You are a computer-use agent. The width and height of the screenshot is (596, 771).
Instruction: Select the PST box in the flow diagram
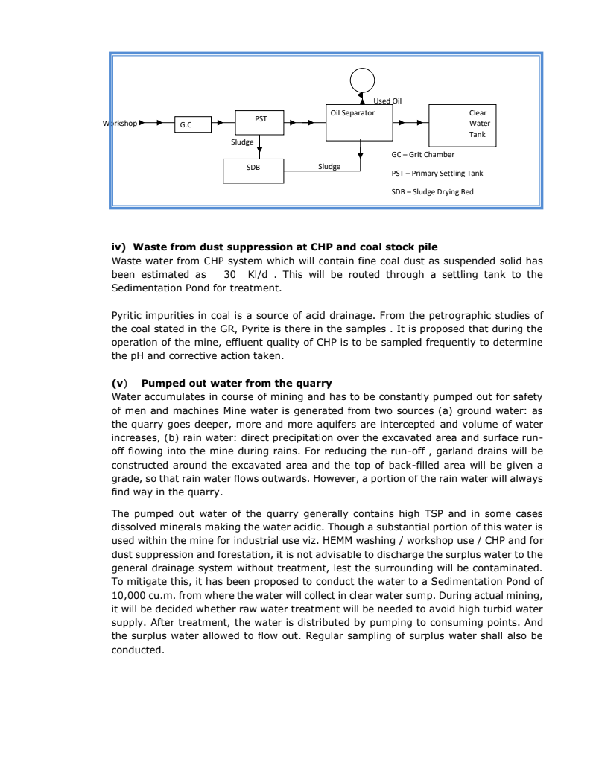coord(260,122)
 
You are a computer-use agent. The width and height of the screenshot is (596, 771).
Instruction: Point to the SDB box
coord(253,168)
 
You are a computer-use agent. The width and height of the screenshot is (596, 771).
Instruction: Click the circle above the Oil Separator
coord(363,80)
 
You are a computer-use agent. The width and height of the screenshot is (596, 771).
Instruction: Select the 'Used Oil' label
coord(387,101)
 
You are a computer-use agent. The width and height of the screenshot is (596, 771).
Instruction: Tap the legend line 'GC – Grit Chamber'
coord(422,155)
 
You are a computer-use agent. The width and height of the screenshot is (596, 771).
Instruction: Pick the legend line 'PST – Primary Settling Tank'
coord(437,173)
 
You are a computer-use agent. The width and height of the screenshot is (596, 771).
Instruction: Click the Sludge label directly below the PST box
coord(242,140)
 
